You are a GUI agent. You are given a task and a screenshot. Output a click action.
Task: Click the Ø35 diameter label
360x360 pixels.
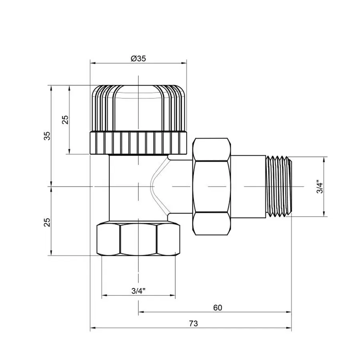[138, 58]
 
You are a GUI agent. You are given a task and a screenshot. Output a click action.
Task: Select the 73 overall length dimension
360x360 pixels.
[193, 323]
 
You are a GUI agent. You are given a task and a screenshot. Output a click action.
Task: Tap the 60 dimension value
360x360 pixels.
[217, 308]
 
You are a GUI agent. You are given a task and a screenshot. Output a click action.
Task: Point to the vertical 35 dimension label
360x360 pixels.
[47, 136]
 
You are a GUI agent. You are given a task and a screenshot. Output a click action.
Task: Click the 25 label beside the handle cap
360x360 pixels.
[66, 119]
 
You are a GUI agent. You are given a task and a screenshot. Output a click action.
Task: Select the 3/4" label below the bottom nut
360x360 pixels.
[138, 291]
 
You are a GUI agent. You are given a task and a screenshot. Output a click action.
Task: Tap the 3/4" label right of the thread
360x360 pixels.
[319, 187]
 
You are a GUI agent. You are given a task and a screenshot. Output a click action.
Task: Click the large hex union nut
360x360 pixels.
[212, 186]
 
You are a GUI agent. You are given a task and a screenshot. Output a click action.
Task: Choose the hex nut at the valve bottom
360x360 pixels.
[138, 240]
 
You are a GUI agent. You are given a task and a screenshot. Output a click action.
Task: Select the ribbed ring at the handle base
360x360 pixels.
[138, 143]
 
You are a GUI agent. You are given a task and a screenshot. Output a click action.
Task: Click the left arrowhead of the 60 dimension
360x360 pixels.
[140, 312]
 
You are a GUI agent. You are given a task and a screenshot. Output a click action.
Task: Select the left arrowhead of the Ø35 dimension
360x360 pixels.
[92, 63]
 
